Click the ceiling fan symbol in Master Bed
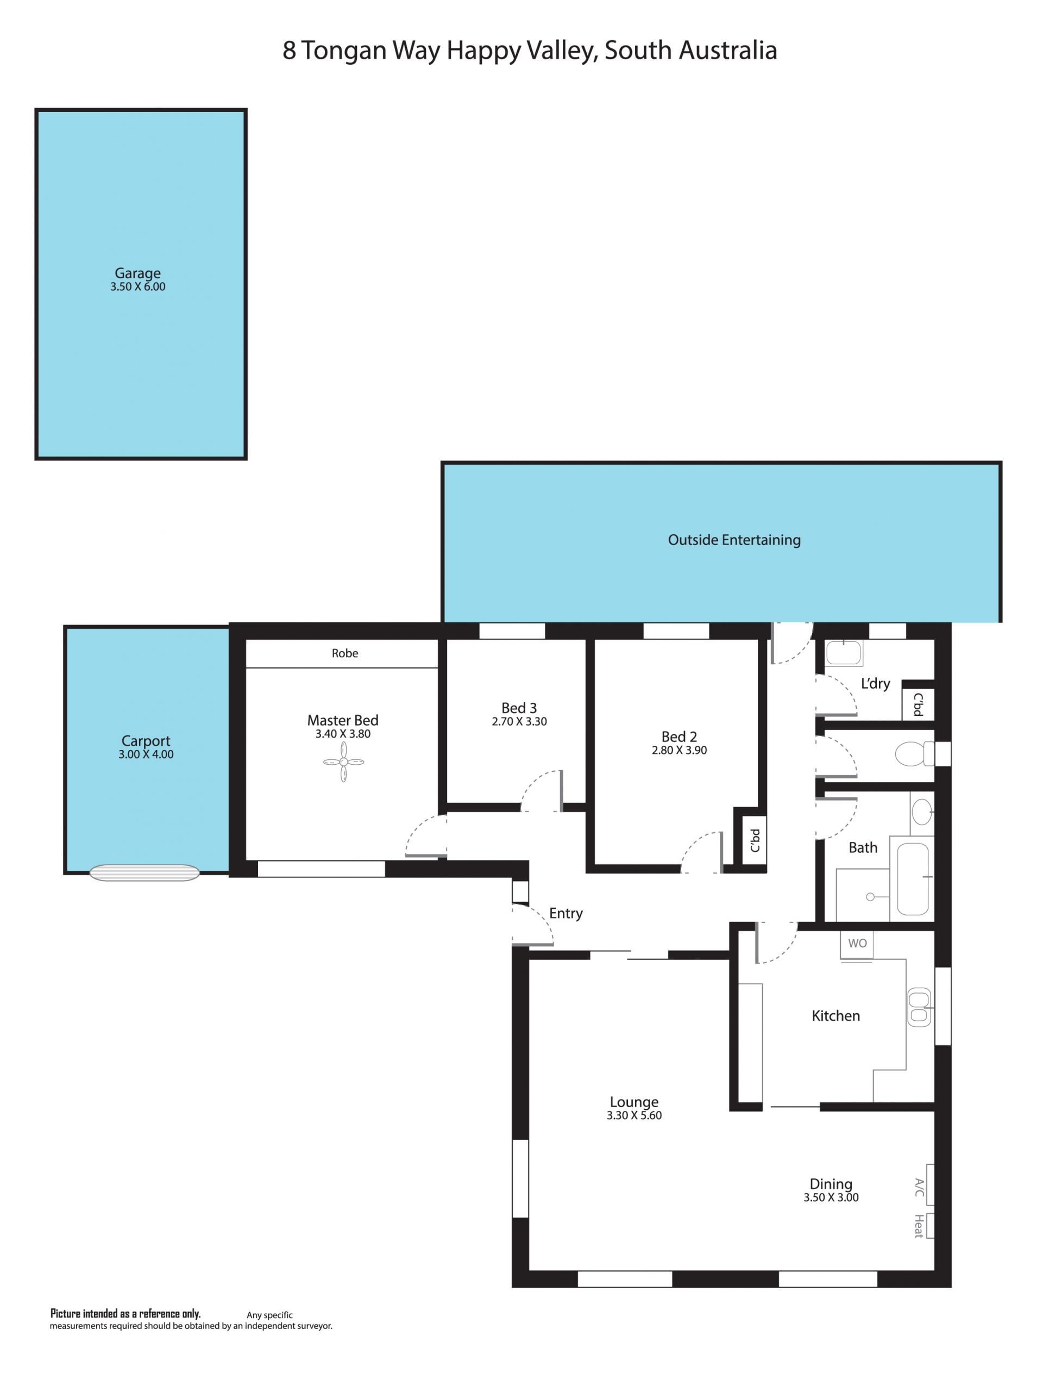[x=343, y=761]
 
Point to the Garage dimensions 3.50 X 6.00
[x=138, y=286]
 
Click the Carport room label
[x=146, y=741]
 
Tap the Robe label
[x=345, y=653]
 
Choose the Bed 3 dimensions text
[x=519, y=721]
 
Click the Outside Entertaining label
[x=734, y=540]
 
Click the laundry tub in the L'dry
[x=844, y=653]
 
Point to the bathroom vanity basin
[x=922, y=813]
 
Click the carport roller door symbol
[x=144, y=873]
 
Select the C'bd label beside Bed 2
[x=756, y=840]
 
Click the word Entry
[x=566, y=914]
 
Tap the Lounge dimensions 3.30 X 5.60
[x=634, y=1116]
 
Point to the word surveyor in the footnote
[x=314, y=1326]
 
